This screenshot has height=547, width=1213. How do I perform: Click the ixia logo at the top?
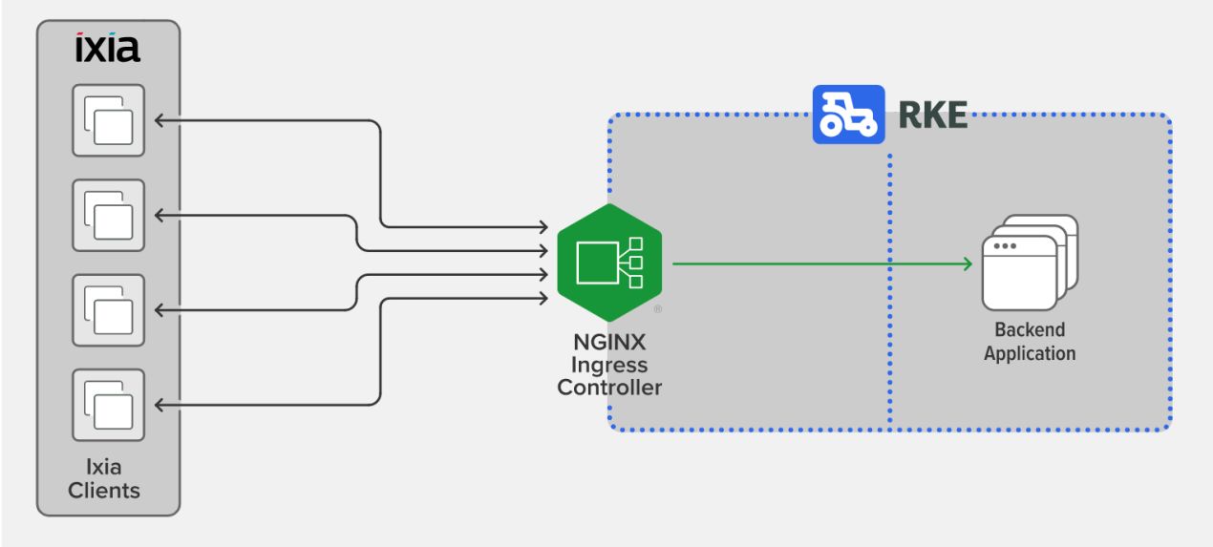tap(108, 47)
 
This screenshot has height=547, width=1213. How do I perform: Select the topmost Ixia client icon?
tap(108, 120)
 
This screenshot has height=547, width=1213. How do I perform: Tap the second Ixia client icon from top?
tap(108, 216)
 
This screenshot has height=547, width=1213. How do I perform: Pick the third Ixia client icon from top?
tap(108, 310)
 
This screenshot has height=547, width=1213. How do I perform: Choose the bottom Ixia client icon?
tap(108, 405)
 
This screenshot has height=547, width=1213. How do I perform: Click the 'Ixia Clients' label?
tap(104, 479)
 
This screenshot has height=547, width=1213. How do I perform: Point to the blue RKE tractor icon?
tap(848, 115)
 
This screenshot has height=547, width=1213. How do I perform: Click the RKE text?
tap(932, 116)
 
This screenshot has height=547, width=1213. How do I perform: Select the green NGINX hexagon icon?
tap(609, 263)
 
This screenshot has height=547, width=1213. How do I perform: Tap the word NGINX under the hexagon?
tap(609, 342)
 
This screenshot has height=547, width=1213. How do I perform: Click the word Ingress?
tap(609, 366)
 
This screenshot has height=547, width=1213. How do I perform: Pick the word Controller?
tap(609, 388)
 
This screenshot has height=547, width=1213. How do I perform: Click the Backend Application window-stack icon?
tap(1030, 263)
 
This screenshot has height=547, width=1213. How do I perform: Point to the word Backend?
tap(1030, 329)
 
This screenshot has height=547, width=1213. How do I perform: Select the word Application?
tap(1030, 354)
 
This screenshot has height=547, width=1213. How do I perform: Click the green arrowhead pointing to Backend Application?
tap(968, 264)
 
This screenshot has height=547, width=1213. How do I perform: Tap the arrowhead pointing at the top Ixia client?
tap(160, 120)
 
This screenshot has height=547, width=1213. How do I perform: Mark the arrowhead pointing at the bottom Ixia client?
tap(160, 405)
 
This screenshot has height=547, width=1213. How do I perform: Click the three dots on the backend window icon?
tap(1005, 246)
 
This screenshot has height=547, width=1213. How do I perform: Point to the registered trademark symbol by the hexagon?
tap(657, 309)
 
